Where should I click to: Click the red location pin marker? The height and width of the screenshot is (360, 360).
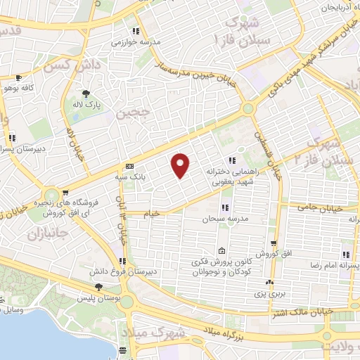[181, 165]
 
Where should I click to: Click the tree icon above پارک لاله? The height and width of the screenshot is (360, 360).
[86, 94]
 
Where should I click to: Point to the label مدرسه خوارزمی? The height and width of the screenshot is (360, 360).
[135, 41]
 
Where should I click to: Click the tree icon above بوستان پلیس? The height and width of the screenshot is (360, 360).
[98, 287]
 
